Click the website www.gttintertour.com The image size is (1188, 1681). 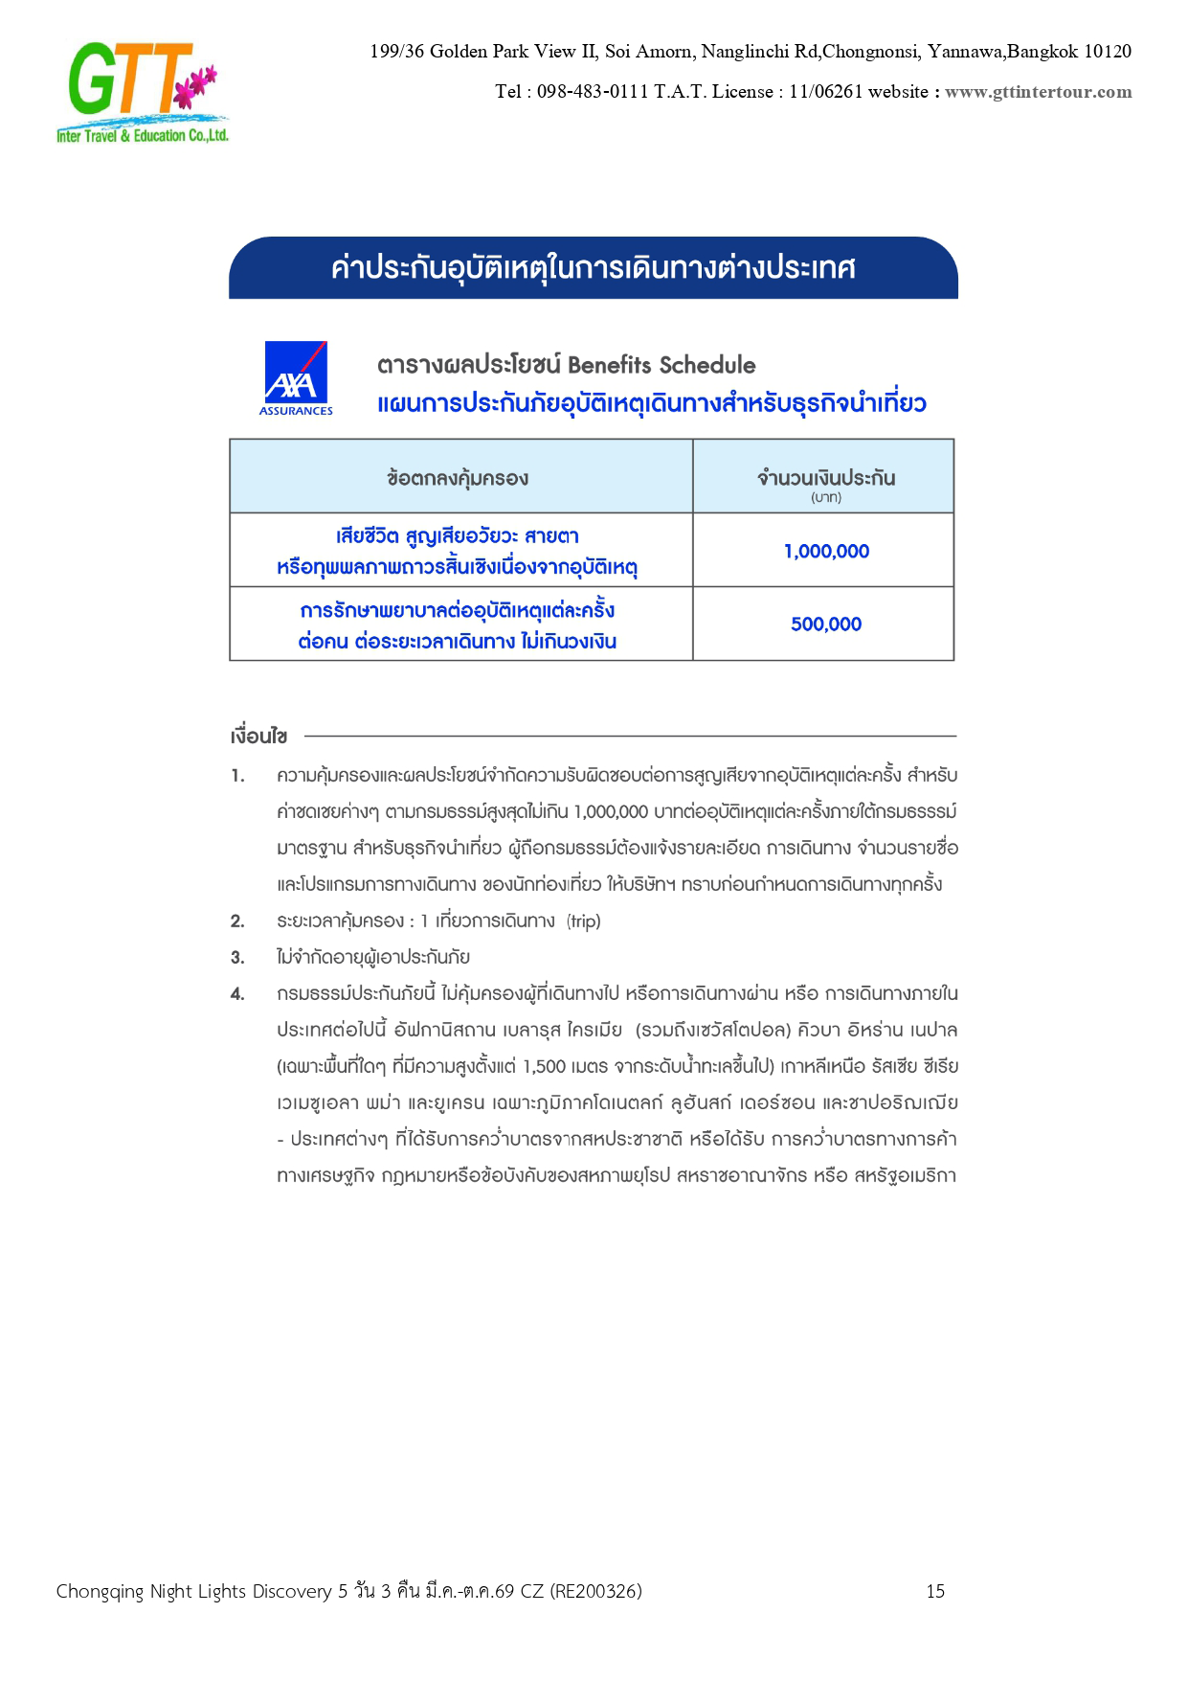pyautogui.click(x=1038, y=92)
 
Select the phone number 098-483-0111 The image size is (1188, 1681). pyautogui.click(x=593, y=92)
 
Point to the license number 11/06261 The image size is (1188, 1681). pyautogui.click(x=825, y=92)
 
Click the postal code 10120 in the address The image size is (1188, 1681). pyautogui.click(x=1107, y=52)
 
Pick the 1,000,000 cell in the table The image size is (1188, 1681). pyautogui.click(x=825, y=551)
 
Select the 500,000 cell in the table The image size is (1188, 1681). pyautogui.click(x=825, y=625)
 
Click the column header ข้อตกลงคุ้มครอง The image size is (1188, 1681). pyautogui.click(x=458, y=478)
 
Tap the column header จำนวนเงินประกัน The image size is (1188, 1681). pyautogui.click(x=825, y=478)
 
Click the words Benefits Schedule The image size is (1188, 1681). pyautogui.click(x=661, y=365)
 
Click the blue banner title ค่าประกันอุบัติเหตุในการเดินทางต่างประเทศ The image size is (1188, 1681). pyautogui.click(x=593, y=268)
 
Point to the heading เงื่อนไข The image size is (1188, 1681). pyautogui.click(x=258, y=737)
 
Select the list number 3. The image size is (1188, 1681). pyautogui.click(x=237, y=957)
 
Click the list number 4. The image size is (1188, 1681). pyautogui.click(x=237, y=993)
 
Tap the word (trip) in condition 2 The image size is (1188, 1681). pyautogui.click(x=583, y=921)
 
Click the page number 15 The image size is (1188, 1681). pyautogui.click(x=935, y=1591)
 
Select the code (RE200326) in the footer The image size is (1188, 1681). pyautogui.click(x=595, y=1591)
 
